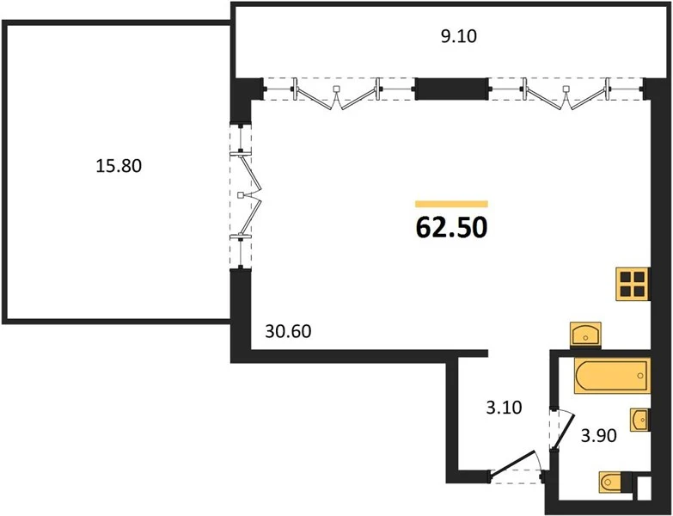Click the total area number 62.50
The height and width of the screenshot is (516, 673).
[x=451, y=228]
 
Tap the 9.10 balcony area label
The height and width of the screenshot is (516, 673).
[x=459, y=36]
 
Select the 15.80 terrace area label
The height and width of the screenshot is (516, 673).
[x=119, y=166]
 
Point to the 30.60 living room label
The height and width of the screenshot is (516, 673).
[x=289, y=331]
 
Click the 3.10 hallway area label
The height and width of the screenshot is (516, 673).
[x=504, y=407]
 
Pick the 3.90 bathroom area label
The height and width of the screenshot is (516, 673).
[x=599, y=436]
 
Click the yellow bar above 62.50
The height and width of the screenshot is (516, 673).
[x=451, y=204]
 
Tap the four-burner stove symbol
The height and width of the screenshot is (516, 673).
[x=633, y=284]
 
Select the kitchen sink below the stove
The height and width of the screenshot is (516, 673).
[x=586, y=334]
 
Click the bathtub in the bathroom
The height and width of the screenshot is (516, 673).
[x=612, y=376]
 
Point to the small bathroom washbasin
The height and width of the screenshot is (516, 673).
[x=639, y=420]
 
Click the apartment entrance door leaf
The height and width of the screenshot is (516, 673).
[x=512, y=464]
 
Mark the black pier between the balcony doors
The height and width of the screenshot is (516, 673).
[x=452, y=89]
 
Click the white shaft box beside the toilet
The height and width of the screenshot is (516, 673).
[x=644, y=488]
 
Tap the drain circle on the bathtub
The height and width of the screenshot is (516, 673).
[x=640, y=376]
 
